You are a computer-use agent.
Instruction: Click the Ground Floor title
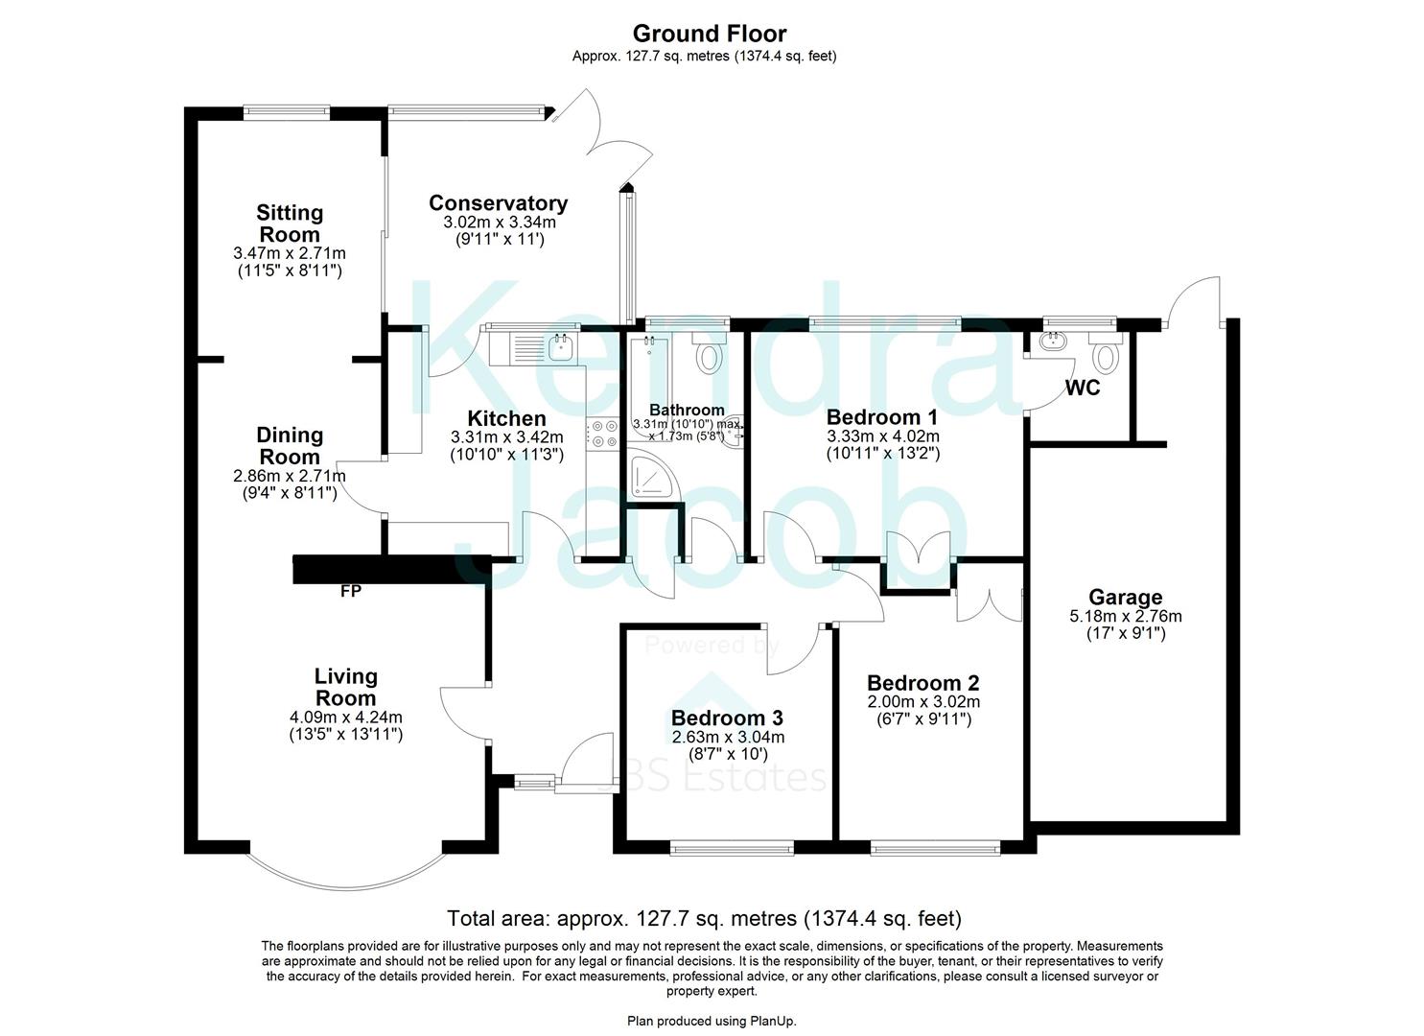(710, 35)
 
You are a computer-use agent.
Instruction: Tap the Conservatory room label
(498, 203)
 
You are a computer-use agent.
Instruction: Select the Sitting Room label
(290, 224)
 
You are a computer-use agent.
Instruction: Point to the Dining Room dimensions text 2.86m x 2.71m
(290, 476)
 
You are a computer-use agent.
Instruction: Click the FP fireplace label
(351, 592)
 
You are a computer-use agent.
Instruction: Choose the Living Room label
(346, 687)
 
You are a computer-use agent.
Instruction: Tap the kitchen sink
(561, 347)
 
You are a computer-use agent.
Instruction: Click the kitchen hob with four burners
(604, 435)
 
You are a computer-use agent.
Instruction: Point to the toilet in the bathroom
(710, 354)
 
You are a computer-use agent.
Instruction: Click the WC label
(1083, 388)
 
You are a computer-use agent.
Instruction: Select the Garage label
(1126, 598)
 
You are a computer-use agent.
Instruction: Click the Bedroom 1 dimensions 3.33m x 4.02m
(882, 436)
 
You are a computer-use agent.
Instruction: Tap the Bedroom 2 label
(922, 683)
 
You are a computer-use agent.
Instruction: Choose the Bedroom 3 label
(727, 718)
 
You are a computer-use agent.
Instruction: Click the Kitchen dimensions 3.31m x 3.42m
(506, 436)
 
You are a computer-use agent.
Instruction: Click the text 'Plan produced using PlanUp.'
(712, 1021)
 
